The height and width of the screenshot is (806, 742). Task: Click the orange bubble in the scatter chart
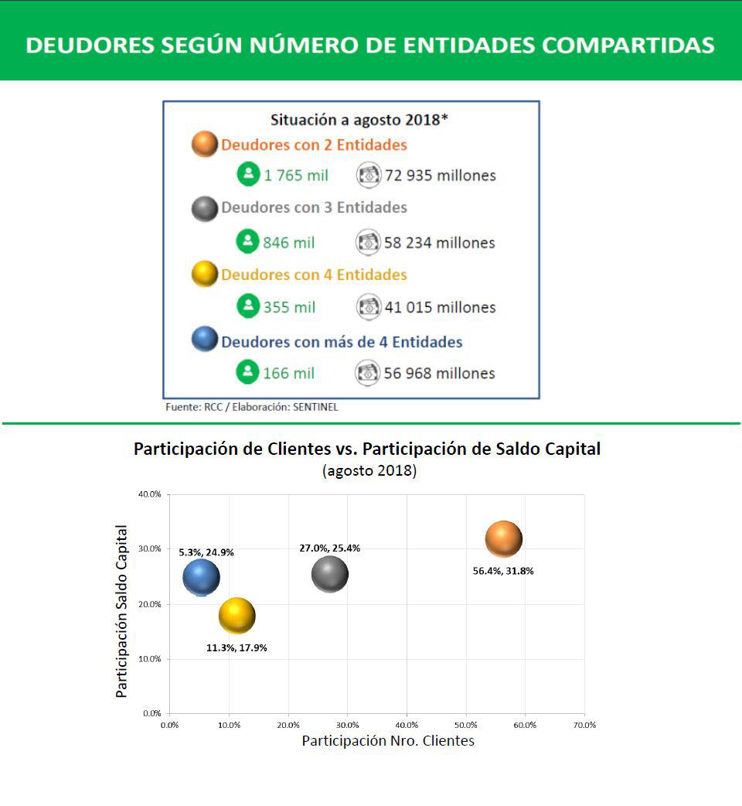pos(504,539)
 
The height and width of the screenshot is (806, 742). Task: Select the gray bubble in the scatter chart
pos(330,575)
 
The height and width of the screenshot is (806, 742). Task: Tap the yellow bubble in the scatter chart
pos(237,616)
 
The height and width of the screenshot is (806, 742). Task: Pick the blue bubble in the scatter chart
pos(201,577)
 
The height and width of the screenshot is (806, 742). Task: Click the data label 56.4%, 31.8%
pos(503,571)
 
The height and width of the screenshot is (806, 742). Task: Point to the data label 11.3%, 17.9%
pos(237,647)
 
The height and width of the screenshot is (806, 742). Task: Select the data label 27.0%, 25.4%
pos(329,548)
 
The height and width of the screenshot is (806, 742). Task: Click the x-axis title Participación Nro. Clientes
pos(388,741)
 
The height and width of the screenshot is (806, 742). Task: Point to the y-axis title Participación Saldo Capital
pos(121,611)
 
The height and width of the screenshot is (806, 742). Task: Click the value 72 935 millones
pos(440,176)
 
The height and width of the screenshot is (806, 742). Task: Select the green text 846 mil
pos(289,243)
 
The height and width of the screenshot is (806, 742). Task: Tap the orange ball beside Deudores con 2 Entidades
pos(205,145)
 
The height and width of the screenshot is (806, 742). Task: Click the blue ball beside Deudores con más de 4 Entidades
pos(205,340)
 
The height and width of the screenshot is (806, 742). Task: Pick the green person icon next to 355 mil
pos(247,306)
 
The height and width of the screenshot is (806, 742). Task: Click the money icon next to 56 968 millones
pos(368,373)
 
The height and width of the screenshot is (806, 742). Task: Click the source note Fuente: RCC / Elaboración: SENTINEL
pos(252,407)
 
